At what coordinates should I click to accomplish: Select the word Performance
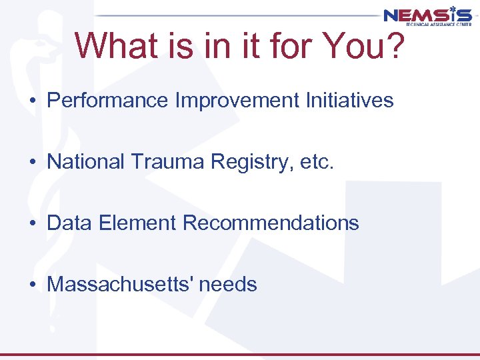pos(108,101)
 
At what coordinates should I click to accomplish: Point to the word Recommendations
pos(271,223)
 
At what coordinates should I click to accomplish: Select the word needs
pos(227,285)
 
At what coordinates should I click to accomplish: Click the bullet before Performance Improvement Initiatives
pos(32,101)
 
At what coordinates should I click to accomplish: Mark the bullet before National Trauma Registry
pos(32,163)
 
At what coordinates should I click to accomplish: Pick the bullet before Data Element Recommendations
pos(32,224)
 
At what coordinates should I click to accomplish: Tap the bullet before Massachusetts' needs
pos(32,285)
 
